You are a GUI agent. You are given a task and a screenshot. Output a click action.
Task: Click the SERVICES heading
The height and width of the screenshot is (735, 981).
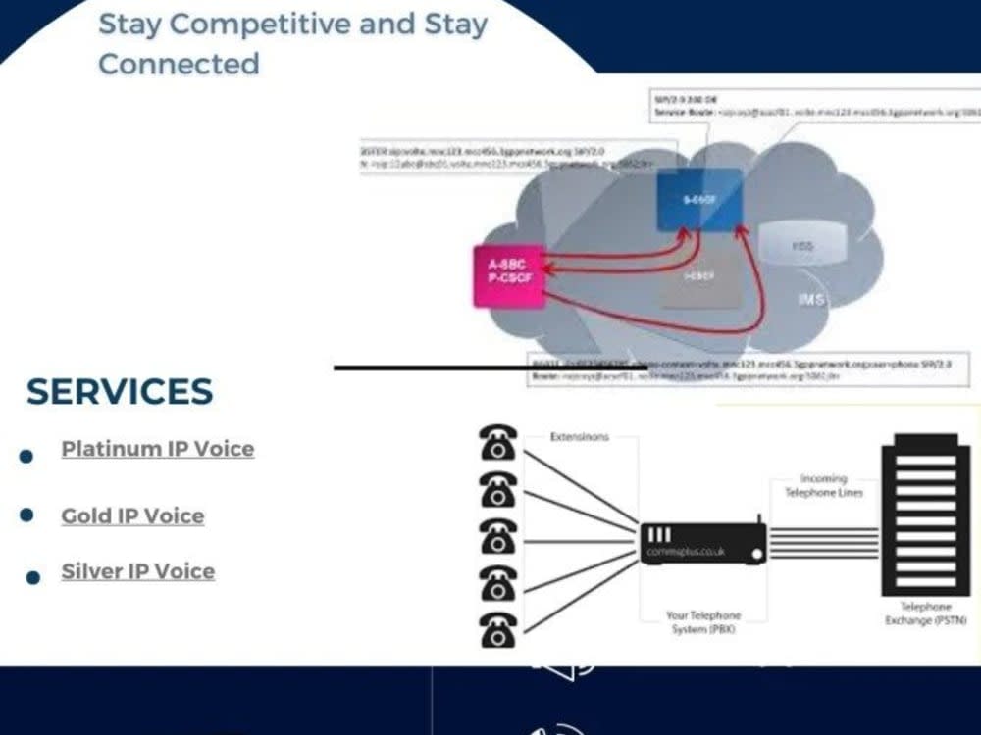pyautogui.click(x=119, y=391)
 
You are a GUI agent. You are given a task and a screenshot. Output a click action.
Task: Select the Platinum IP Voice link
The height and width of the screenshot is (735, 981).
pyautogui.click(x=157, y=449)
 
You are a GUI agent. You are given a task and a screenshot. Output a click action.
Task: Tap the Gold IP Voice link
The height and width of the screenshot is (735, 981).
pyautogui.click(x=132, y=516)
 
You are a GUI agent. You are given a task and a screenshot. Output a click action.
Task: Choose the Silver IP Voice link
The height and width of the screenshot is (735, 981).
pyautogui.click(x=137, y=571)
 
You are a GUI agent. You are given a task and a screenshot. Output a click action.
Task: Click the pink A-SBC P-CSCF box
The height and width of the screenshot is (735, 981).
pyautogui.click(x=508, y=276)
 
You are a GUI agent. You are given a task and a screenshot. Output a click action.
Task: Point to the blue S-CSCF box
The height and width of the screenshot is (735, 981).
pyautogui.click(x=698, y=200)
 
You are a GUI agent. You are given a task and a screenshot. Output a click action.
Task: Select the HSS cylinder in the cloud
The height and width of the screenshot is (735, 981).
pyautogui.click(x=803, y=246)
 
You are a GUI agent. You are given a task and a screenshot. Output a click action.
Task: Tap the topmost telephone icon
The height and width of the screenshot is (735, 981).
pyautogui.click(x=498, y=442)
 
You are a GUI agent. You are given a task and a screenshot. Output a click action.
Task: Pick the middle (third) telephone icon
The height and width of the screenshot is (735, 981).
pyautogui.click(x=498, y=536)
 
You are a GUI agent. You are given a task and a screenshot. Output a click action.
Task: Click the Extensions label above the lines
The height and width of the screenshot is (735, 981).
pyautogui.click(x=579, y=436)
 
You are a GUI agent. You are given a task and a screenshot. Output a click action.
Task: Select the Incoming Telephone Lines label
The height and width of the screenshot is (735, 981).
pyautogui.click(x=824, y=485)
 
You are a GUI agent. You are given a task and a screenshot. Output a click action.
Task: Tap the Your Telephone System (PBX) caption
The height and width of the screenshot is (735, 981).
pyautogui.click(x=703, y=622)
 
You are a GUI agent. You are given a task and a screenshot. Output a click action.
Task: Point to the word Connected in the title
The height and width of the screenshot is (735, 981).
pyautogui.click(x=179, y=64)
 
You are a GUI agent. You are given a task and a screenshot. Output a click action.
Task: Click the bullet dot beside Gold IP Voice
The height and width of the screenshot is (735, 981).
pyautogui.click(x=26, y=515)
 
